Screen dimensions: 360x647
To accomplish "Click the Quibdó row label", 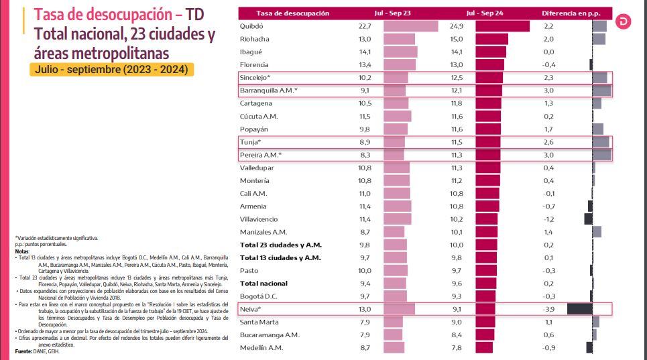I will point(251,26).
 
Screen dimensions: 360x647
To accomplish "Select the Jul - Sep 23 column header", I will point(398,13).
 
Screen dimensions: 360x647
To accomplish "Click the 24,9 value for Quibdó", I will point(457,26).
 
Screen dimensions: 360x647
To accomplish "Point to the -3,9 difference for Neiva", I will point(548,309).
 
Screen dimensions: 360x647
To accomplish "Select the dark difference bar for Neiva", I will point(579,309).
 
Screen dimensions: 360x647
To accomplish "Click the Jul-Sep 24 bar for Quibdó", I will point(502,26).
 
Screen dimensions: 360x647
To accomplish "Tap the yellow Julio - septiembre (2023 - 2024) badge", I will point(112,70).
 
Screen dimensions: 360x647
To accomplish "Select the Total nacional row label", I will point(264,284).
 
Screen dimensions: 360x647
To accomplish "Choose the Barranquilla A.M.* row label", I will point(268,91).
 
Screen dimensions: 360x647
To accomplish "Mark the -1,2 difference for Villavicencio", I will point(548,219).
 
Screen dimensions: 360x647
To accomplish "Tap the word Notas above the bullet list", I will point(23,251).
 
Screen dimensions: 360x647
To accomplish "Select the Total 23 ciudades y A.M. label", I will point(280,245).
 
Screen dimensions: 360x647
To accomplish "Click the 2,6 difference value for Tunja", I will point(548,142).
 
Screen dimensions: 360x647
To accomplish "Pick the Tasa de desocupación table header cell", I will point(292,13).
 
